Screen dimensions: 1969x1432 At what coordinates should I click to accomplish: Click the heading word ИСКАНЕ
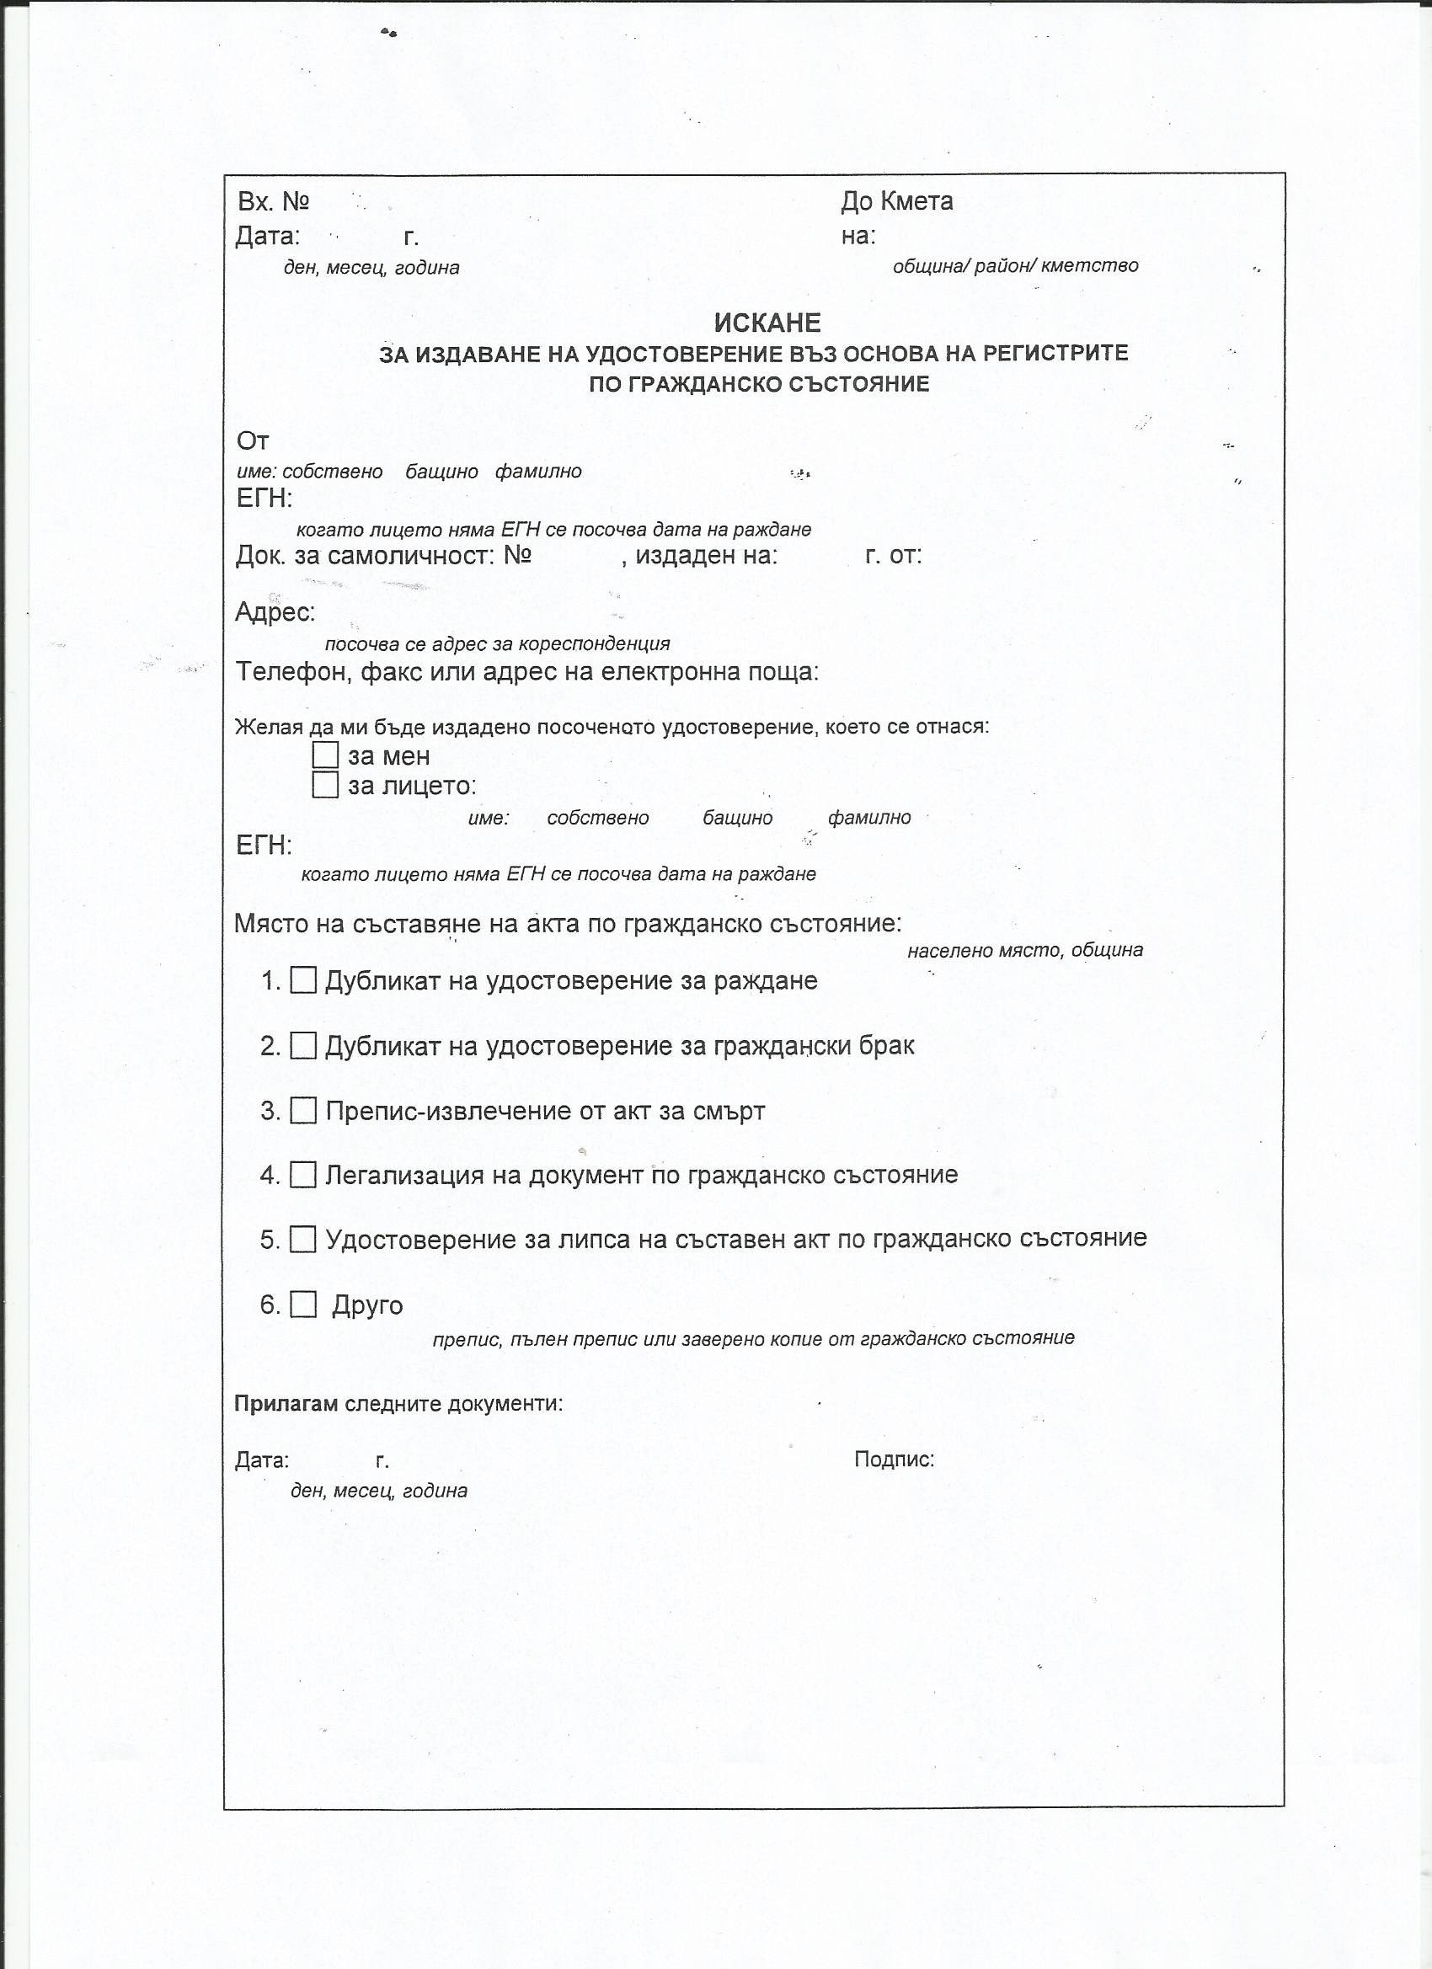[767, 323]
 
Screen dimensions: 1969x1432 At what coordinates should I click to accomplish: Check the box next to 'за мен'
[325, 755]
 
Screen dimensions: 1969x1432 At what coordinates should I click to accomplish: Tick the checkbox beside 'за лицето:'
[325, 785]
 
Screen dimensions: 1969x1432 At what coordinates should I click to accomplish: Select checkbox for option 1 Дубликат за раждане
[303, 980]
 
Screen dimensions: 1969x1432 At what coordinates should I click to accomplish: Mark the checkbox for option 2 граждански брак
[303, 1045]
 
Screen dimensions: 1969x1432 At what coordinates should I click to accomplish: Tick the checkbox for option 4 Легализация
[303, 1175]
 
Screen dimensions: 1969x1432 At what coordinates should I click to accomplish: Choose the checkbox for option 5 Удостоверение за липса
[303, 1239]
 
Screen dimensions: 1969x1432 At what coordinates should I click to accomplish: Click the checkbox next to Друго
[303, 1305]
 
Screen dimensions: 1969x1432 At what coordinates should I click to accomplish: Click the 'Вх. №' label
[274, 202]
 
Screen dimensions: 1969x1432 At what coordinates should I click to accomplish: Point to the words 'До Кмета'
[896, 201]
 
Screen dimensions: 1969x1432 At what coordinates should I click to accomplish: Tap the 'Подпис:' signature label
[894, 1459]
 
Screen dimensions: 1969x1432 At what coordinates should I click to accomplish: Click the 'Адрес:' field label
[275, 612]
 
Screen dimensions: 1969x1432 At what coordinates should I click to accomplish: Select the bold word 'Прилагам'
[286, 1404]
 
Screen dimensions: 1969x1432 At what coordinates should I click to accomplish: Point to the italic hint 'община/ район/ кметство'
[1015, 265]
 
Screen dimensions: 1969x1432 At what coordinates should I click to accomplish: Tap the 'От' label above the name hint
[253, 441]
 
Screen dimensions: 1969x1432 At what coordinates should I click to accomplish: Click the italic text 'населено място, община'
[1024, 951]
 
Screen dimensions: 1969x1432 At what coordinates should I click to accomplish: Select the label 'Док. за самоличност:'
[365, 556]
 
